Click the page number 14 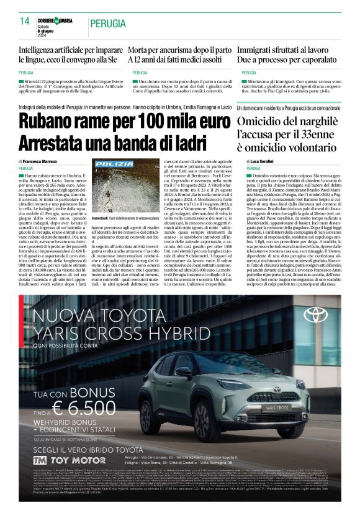coord(25,22)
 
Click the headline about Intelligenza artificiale coord(70,55)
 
